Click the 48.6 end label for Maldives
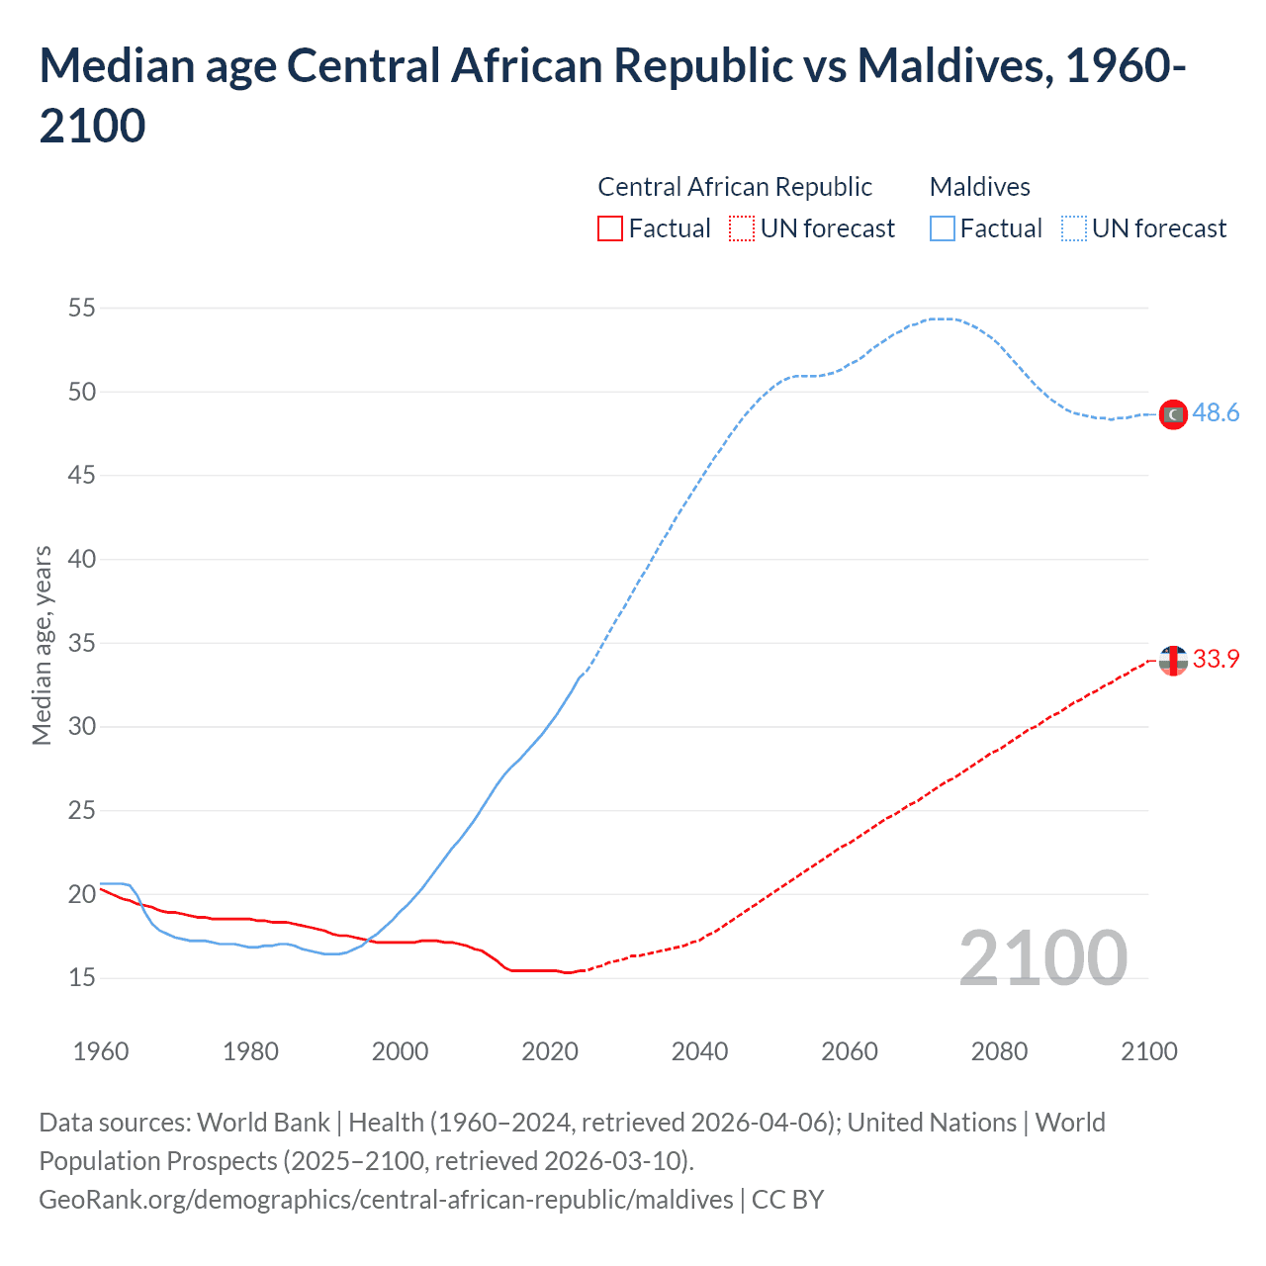[x=1216, y=413]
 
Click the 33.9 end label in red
[x=1216, y=659]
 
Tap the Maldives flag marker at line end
[x=1173, y=414]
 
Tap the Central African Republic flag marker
[x=1173, y=660]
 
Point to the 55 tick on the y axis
[x=82, y=309]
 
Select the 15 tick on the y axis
[x=82, y=978]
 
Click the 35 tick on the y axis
[x=82, y=644]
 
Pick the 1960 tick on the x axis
[x=101, y=1051]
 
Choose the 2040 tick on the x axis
[x=699, y=1051]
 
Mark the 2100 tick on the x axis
[x=1148, y=1051]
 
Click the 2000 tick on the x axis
[x=400, y=1051]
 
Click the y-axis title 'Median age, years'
[x=42, y=644]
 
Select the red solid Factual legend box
[x=610, y=229]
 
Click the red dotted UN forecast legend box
[x=742, y=229]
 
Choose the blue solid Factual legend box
[x=943, y=229]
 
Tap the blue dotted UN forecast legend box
[x=1074, y=229]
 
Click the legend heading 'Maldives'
[x=979, y=187]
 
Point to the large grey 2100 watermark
[x=1042, y=958]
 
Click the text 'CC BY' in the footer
[x=787, y=1200]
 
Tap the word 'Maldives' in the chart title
[x=949, y=66]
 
